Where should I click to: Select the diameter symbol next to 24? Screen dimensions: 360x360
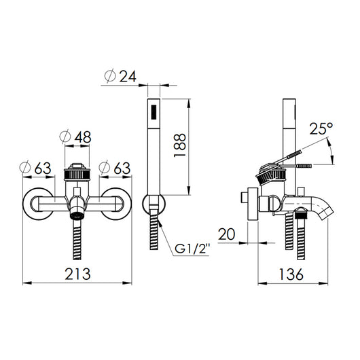(111, 76)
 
